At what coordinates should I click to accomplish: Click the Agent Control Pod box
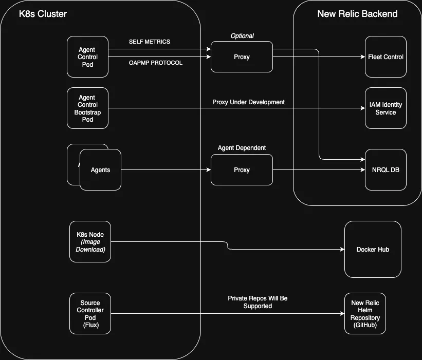tap(87, 57)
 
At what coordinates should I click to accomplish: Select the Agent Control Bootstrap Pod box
tap(87, 108)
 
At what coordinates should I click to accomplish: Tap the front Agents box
tap(100, 170)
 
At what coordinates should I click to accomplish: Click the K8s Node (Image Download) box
tap(90, 242)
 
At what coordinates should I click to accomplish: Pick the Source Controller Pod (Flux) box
tap(90, 314)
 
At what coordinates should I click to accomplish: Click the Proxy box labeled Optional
tap(242, 57)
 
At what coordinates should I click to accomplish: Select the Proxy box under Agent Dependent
tap(242, 170)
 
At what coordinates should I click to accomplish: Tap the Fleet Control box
tap(386, 57)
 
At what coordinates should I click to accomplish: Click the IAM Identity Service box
tap(386, 108)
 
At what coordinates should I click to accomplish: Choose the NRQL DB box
tap(386, 170)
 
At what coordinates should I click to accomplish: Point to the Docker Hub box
tap(373, 250)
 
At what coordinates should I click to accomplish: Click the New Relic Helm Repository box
tap(365, 314)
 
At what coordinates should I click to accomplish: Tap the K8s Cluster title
tap(43, 14)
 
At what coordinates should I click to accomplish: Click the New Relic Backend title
tap(357, 14)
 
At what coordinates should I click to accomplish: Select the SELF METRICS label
tap(150, 42)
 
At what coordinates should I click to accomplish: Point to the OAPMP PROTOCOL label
tap(155, 63)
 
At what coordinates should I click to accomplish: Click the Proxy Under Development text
tap(248, 102)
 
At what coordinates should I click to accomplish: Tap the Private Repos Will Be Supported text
tap(258, 302)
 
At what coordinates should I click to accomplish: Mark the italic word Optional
tap(242, 36)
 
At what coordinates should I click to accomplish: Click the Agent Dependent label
tap(242, 148)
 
